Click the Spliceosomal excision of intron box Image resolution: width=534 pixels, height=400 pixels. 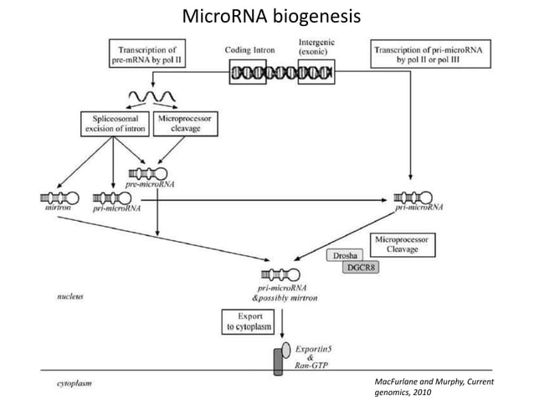coord(114,125)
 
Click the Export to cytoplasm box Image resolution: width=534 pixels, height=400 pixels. coord(246,322)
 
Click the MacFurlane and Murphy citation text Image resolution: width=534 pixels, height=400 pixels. coord(434,386)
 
